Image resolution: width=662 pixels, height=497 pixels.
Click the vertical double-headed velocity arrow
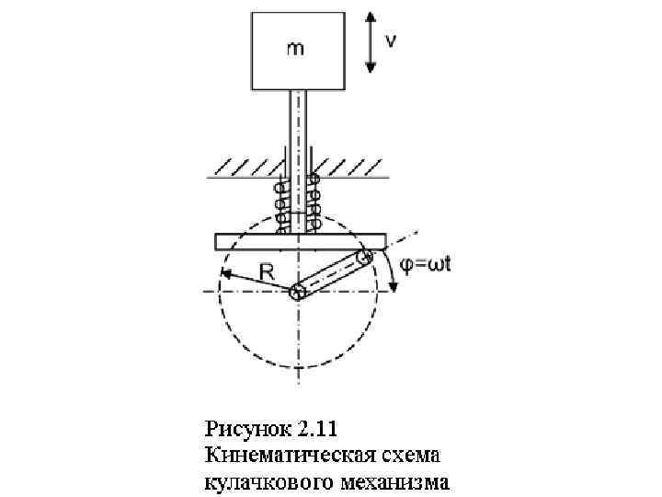pos(369,41)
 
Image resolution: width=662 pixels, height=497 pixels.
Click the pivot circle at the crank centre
pos(297,293)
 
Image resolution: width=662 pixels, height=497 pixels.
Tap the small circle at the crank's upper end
pos(365,257)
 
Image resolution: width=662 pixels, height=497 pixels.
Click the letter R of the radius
pos(268,272)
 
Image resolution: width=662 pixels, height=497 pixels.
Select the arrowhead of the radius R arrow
pos(225,273)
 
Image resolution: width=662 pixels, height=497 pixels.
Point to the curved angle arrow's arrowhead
pos(394,286)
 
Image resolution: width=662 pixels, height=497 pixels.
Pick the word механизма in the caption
pos(386,480)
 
